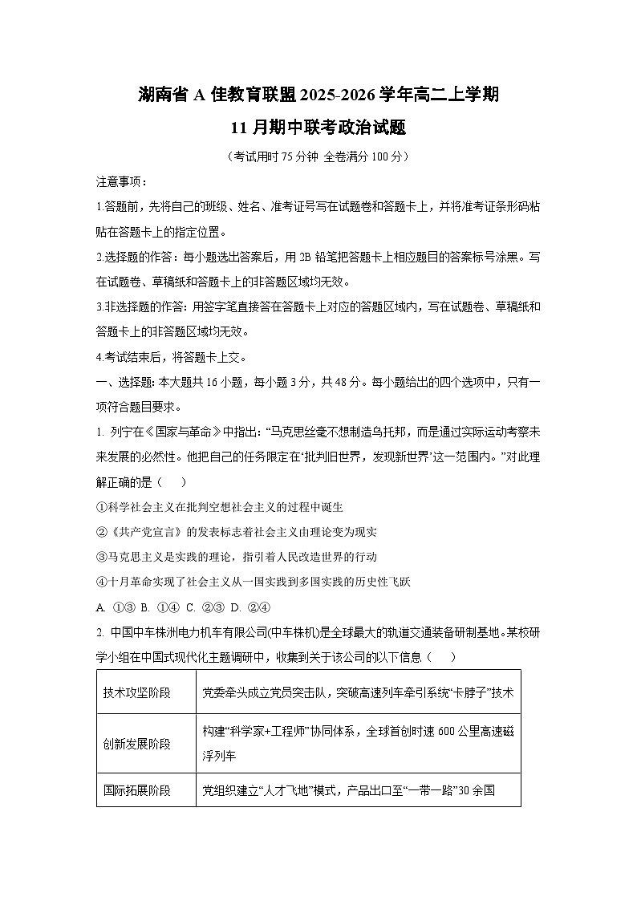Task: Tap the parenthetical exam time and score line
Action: [318, 156]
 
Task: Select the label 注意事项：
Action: [121, 182]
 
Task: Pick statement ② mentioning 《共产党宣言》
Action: [236, 532]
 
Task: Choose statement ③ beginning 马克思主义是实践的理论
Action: [236, 557]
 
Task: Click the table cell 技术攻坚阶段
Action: [137, 692]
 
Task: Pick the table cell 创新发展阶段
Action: [137, 744]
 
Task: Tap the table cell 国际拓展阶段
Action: [137, 790]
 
